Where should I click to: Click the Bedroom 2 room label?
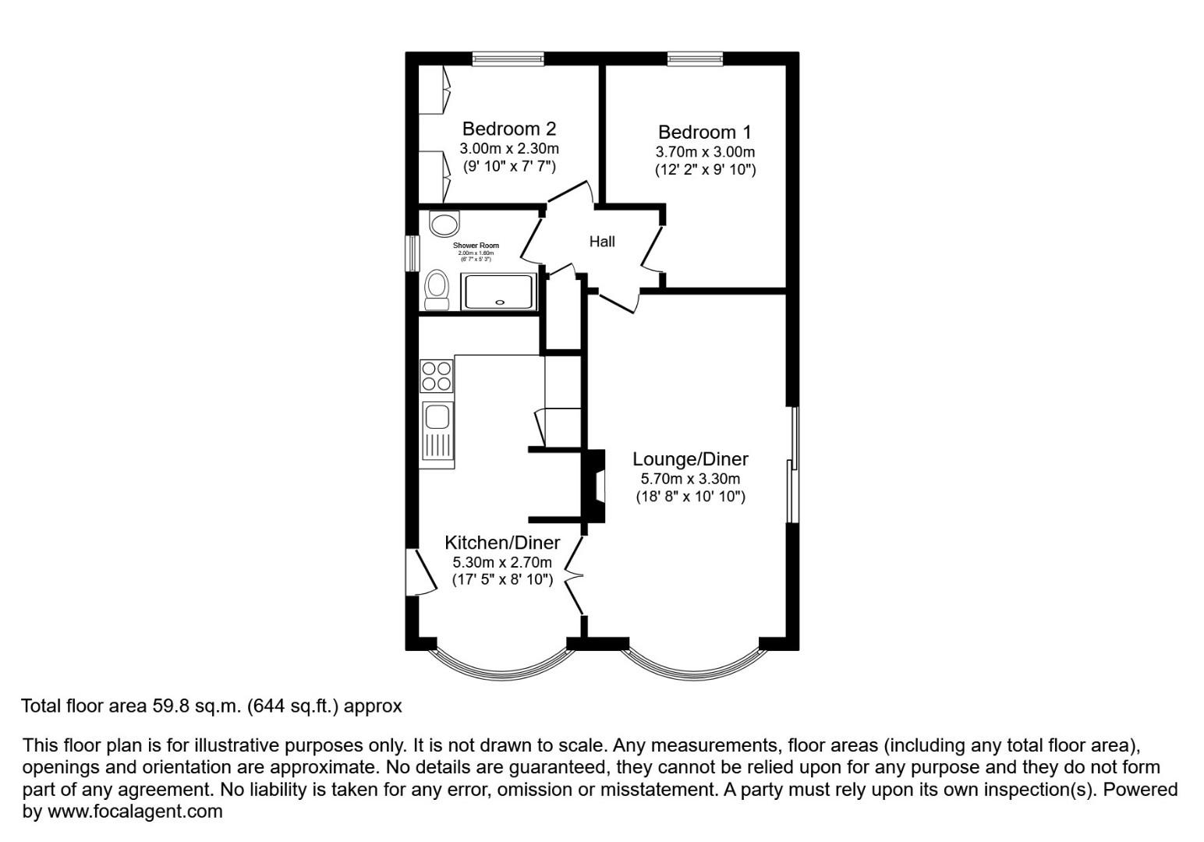click(508, 129)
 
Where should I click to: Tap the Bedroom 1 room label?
click(704, 132)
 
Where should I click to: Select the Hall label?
click(602, 242)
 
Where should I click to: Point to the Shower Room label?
click(476, 246)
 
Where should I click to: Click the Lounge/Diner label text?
click(690, 459)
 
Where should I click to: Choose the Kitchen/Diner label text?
click(502, 543)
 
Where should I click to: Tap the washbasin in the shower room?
click(444, 225)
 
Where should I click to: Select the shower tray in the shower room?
click(499, 292)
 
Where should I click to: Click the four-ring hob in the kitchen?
click(437, 375)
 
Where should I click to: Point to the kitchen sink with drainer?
click(437, 433)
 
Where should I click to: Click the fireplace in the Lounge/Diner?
click(595, 486)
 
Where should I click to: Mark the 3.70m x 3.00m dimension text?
click(705, 152)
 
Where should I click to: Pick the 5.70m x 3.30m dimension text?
click(690, 479)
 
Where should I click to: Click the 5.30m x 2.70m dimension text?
click(502, 562)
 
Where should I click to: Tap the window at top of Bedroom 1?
click(695, 58)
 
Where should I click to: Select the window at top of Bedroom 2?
click(508, 58)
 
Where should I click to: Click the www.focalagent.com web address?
click(135, 812)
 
